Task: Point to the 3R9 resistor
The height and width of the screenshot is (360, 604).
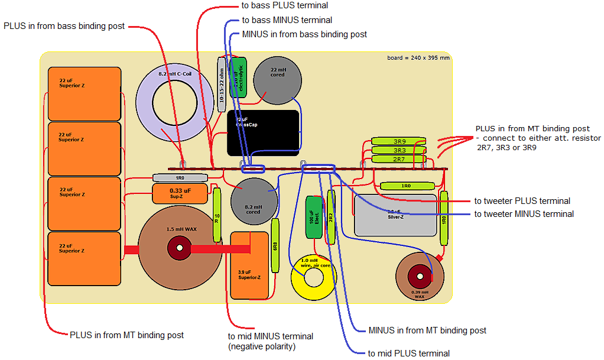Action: coord(399,142)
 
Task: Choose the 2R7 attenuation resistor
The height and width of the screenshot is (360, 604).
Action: coord(399,159)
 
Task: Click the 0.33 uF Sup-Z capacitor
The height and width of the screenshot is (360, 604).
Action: coord(180,193)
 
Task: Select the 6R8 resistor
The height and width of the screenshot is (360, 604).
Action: coord(275,245)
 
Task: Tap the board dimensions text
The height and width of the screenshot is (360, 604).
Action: coord(418,58)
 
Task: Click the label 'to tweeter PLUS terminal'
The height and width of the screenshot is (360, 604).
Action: coord(522,201)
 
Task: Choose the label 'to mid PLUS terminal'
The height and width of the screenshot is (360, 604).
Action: coord(408,353)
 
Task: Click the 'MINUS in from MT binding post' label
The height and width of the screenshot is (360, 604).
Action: coord(427,330)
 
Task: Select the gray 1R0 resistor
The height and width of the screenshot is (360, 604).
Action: coord(180,177)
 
